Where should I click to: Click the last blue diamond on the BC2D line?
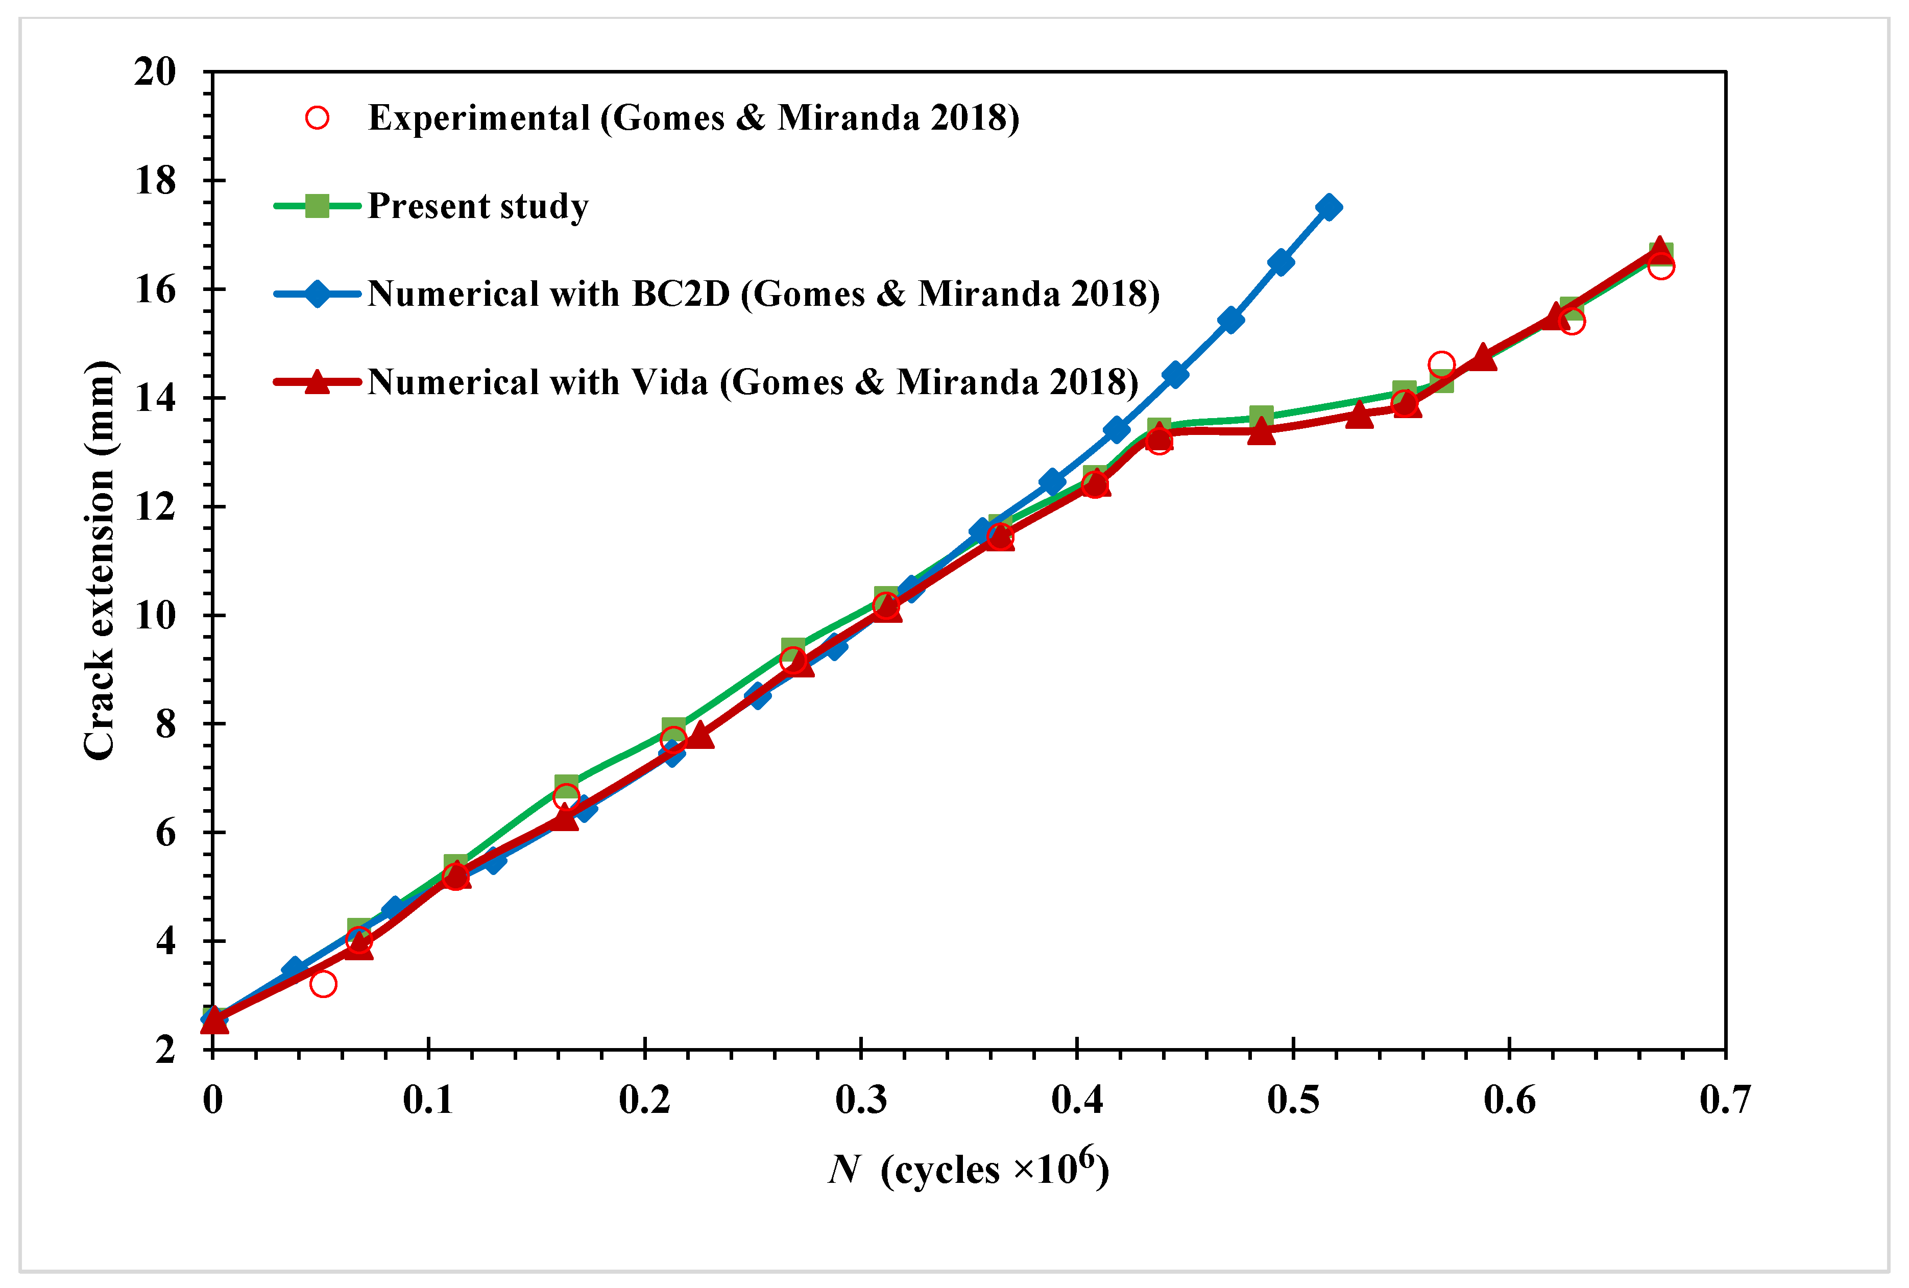[x=1328, y=207]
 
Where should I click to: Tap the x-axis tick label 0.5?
[x=1293, y=1100]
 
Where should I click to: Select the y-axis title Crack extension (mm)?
[x=100, y=560]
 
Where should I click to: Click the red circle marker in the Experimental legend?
[x=317, y=118]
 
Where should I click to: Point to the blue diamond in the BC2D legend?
[x=317, y=294]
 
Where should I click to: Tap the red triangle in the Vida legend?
[x=317, y=382]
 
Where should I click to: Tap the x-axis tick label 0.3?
[x=861, y=1100]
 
